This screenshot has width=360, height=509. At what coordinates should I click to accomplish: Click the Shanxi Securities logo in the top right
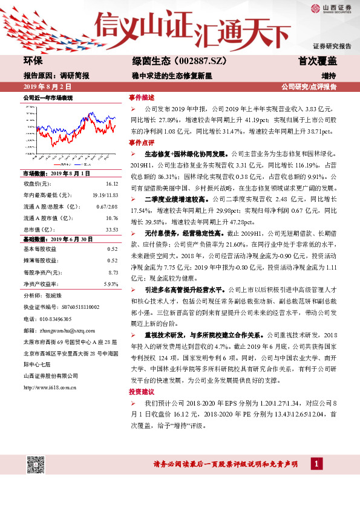[332, 8]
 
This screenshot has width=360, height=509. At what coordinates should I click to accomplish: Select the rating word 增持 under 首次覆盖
[329, 76]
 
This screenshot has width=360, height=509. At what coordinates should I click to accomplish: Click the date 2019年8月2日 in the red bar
[42, 88]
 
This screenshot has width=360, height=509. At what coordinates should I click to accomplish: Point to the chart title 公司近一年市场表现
[47, 97]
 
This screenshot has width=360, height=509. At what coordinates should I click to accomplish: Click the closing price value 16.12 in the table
[112, 183]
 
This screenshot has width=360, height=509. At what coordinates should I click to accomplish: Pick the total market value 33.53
[111, 229]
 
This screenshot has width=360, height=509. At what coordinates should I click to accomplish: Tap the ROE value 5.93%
[111, 284]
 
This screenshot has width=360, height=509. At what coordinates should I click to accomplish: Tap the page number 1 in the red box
[316, 464]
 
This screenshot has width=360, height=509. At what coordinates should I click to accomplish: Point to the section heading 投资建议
[142, 392]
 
